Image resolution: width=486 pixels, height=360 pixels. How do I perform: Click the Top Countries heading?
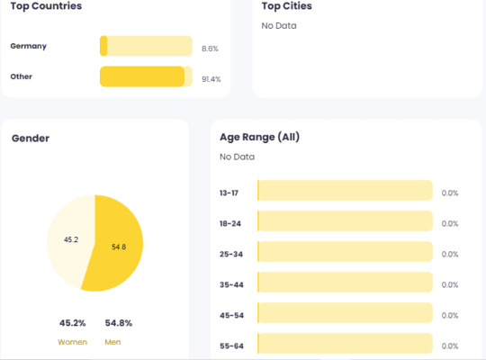tap(46, 6)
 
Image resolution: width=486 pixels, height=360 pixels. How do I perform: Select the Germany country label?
tap(29, 46)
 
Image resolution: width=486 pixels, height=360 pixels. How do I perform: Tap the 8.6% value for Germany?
tap(210, 49)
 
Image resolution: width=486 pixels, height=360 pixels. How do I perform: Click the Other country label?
tap(22, 76)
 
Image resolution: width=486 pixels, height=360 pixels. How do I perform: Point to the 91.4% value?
tap(211, 79)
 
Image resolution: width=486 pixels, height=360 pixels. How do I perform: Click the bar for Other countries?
tap(142, 76)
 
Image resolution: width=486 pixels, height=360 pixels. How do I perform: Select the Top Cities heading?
tap(287, 6)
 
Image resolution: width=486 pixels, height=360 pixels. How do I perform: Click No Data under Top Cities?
tap(279, 25)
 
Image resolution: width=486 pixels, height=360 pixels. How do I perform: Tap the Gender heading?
tap(31, 138)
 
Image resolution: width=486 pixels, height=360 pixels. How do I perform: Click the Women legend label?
tap(72, 342)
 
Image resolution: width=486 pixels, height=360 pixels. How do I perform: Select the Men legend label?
tap(112, 342)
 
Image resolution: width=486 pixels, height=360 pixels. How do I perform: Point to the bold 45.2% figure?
tap(72, 323)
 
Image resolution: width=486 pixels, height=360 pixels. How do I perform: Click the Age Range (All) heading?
tap(259, 138)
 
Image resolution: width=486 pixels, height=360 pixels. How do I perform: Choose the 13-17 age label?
tap(229, 193)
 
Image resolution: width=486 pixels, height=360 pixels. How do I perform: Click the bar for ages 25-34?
tap(345, 253)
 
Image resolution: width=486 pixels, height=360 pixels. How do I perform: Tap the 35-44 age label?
tap(231, 284)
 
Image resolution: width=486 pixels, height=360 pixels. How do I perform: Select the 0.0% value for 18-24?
tap(450, 223)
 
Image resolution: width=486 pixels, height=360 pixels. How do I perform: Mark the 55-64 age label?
tap(231, 345)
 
